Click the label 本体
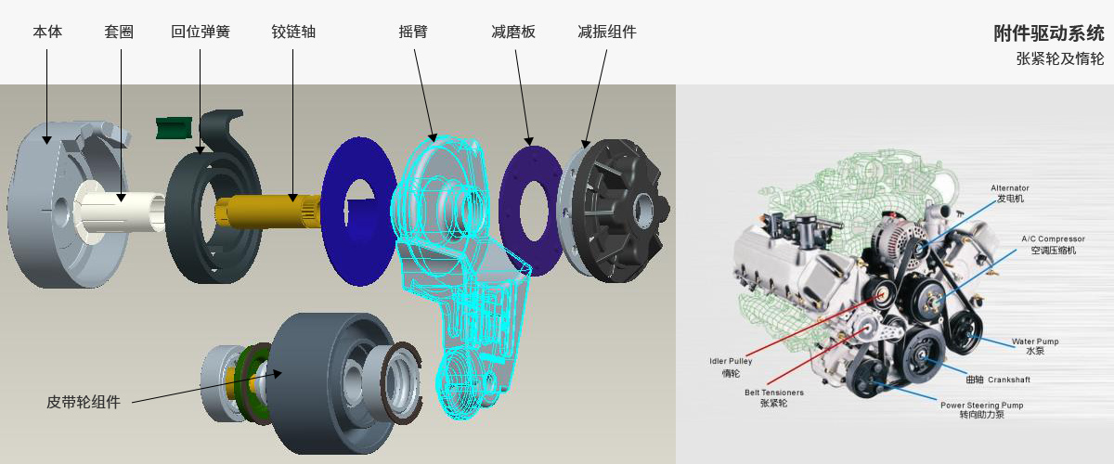47,32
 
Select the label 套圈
119,32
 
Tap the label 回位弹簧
201,32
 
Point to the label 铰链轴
293,32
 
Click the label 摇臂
413,32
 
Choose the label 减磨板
513,32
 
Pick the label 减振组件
607,32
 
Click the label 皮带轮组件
84,402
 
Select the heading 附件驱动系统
1049,33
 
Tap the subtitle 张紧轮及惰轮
1060,58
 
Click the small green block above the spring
174,128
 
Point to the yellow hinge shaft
268,212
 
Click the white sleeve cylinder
122,213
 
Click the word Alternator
1010,188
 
